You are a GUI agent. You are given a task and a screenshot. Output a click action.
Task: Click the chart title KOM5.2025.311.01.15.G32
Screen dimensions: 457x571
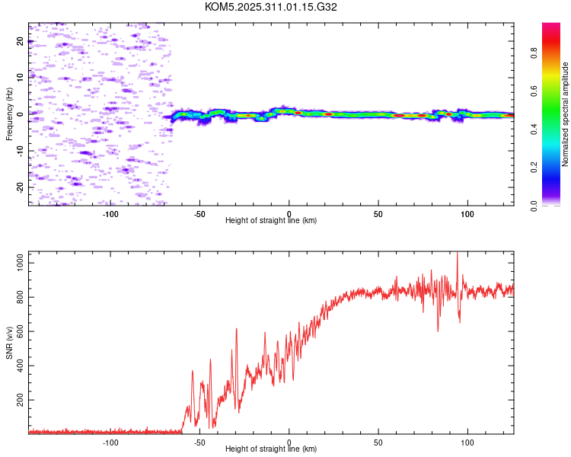tap(271, 7)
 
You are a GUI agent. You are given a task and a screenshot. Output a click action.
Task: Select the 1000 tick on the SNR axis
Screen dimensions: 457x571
tap(18, 263)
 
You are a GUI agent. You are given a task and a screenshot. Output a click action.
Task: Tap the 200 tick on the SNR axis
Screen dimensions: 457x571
tap(18, 399)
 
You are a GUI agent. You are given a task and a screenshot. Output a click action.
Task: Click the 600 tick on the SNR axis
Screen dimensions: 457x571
tap(18, 331)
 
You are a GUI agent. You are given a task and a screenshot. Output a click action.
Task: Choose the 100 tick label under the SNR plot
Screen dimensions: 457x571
tap(467, 442)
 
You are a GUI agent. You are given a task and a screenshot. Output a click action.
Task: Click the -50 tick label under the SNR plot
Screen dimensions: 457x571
tap(199, 442)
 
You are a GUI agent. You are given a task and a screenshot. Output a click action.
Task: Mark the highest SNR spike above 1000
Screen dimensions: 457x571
tap(457, 254)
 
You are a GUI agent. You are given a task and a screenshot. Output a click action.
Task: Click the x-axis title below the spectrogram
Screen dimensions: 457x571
tap(271, 220)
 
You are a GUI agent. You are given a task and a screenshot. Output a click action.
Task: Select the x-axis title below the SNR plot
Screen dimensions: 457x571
tap(271, 449)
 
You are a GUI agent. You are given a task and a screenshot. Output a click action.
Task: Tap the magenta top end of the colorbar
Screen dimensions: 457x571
tap(551, 27)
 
